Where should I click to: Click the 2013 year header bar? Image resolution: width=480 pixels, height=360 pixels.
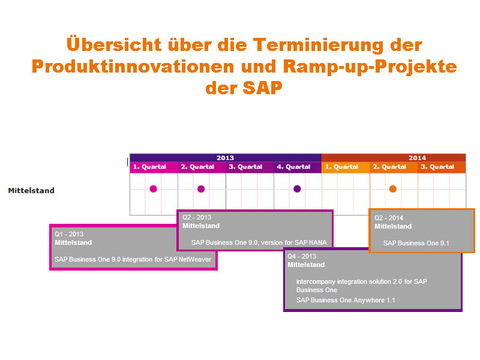click(x=225, y=158)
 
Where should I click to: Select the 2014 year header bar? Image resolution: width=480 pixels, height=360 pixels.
click(x=417, y=158)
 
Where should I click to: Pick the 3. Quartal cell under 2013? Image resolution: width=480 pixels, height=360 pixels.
click(x=250, y=167)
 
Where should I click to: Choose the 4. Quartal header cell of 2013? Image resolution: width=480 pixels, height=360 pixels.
click(x=298, y=167)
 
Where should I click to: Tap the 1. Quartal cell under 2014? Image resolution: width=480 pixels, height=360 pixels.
click(x=346, y=167)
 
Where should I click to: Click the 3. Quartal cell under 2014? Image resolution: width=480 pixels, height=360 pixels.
click(x=442, y=167)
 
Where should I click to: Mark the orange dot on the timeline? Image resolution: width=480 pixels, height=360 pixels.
click(x=393, y=189)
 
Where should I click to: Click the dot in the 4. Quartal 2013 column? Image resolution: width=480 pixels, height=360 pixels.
click(x=297, y=189)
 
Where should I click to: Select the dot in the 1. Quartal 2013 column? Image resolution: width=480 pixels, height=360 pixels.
click(x=153, y=189)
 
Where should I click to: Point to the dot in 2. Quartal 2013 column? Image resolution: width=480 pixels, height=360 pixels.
click(x=201, y=189)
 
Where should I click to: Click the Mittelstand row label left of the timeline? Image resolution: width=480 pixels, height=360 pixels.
click(x=31, y=190)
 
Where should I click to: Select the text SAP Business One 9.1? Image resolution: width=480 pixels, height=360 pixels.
click(x=416, y=243)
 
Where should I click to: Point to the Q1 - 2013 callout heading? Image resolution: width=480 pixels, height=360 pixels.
click(x=69, y=234)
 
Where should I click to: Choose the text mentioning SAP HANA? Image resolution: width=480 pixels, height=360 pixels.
click(x=259, y=242)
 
